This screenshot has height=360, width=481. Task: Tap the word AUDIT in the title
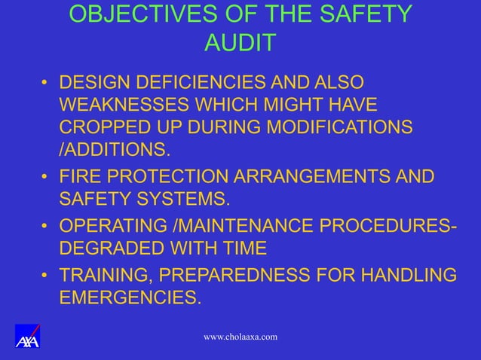pos(240,43)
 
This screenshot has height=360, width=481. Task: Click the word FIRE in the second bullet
pos(79,178)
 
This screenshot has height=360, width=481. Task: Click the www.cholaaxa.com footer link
pos(240,336)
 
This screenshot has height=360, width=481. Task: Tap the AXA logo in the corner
pos(27,336)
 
